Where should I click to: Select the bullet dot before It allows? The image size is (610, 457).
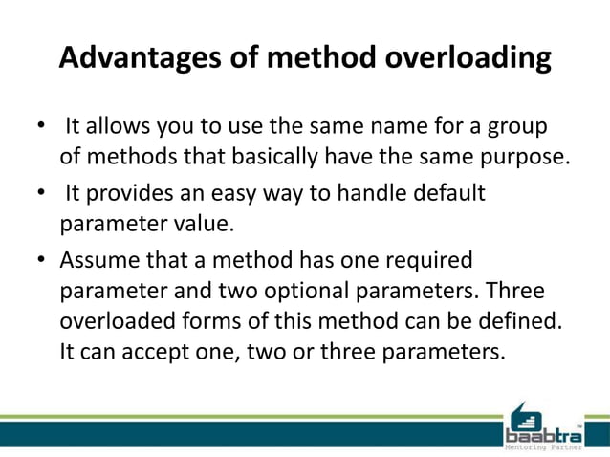click(x=41, y=128)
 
